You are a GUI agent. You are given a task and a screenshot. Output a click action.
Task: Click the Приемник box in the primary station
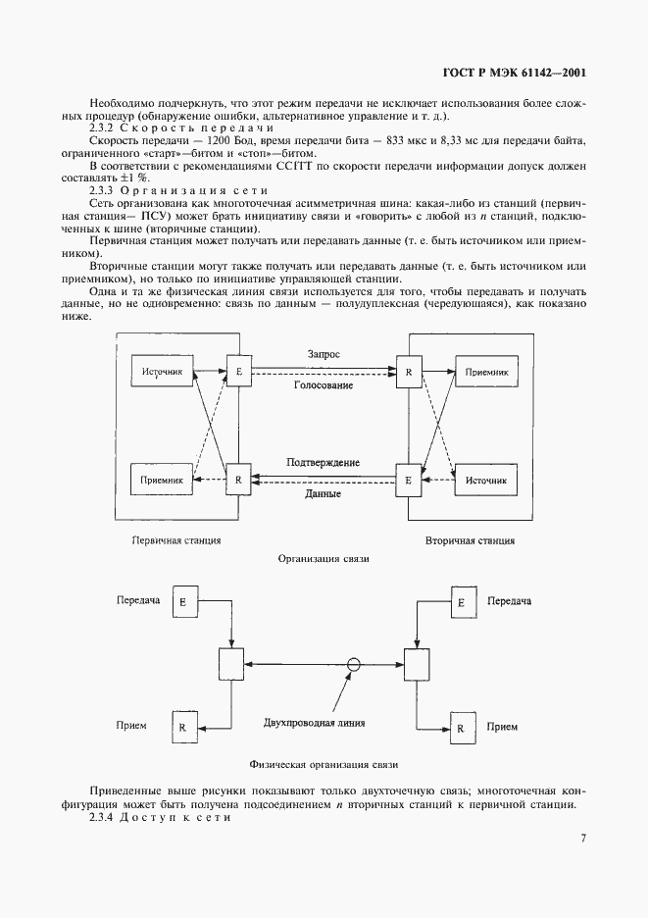(x=162, y=482)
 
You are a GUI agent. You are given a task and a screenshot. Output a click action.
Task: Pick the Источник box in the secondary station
(x=485, y=482)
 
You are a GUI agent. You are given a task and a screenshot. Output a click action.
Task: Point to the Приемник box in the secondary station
(x=485, y=372)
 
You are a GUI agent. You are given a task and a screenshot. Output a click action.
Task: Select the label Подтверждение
(x=323, y=462)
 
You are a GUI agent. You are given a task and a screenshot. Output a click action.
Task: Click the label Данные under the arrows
(x=323, y=494)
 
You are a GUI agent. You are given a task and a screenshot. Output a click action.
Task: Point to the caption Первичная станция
(x=175, y=539)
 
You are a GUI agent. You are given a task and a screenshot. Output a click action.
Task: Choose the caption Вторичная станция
(x=470, y=539)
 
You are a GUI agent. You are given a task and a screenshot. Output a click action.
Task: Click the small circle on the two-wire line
(x=355, y=664)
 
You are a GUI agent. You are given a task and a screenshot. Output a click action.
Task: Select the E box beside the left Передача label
(x=182, y=600)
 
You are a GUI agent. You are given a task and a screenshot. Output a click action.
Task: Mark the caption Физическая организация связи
(x=323, y=762)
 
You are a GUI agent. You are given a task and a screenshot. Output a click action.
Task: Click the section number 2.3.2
(x=103, y=128)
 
